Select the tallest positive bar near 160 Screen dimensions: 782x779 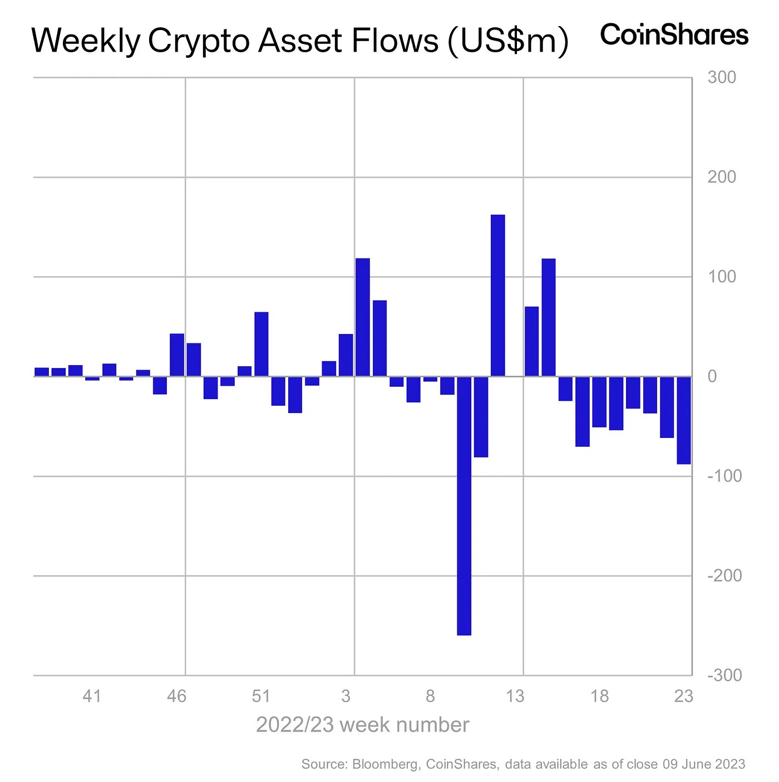click(497, 295)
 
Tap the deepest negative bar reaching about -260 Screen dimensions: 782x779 click(464, 505)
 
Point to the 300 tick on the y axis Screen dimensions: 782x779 click(722, 77)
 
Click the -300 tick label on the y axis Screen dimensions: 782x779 click(724, 675)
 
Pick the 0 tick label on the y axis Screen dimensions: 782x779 click(712, 376)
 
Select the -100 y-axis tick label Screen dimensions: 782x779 click(724, 476)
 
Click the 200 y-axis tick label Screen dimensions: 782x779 click(722, 177)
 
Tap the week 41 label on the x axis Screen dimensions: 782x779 click(92, 696)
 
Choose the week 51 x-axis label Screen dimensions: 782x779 click(261, 696)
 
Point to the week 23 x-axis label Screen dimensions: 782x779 click(683, 696)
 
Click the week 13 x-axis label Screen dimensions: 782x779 click(515, 696)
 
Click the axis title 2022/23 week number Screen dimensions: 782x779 click(362, 725)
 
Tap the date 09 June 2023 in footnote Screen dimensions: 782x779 click(703, 764)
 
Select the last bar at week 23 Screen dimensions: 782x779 click(684, 420)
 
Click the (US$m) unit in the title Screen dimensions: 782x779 click(508, 41)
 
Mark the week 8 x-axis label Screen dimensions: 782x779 click(430, 696)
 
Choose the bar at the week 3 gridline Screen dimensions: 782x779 click(362, 317)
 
